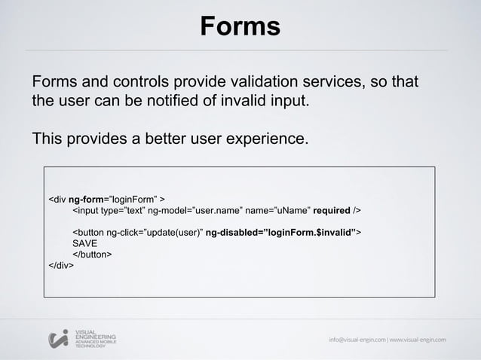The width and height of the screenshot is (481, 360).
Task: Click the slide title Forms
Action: click(240, 27)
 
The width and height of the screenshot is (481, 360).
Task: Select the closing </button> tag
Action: click(92, 255)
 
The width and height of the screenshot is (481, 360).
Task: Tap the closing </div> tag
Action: click(61, 265)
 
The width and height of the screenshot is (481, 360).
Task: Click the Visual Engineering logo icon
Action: click(58, 339)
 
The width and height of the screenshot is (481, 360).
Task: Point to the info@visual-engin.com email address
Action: click(357, 339)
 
